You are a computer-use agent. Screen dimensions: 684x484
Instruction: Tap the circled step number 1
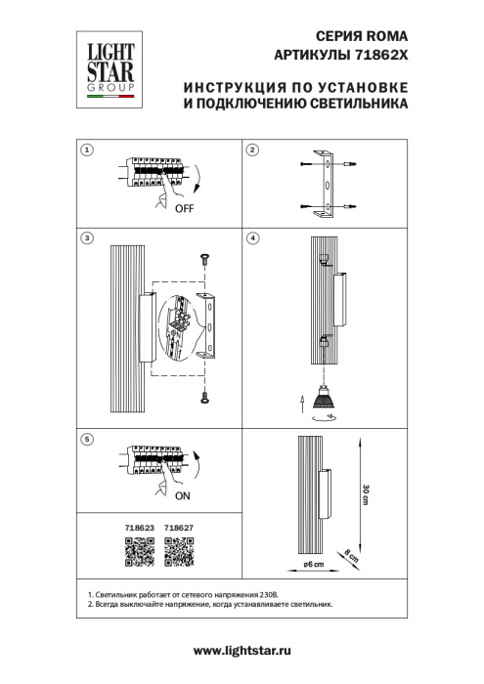tap(87, 150)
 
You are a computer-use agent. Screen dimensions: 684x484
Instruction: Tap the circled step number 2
tap(252, 150)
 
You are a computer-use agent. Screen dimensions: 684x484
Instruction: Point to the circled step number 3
tap(87, 237)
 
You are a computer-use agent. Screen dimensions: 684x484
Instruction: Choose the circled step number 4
tap(252, 237)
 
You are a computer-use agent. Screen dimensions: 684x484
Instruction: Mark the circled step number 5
tap(87, 441)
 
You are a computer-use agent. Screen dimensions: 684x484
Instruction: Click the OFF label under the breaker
tap(187, 209)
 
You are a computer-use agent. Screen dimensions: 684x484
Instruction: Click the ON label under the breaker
tap(185, 495)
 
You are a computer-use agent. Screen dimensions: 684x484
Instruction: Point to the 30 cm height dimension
tap(365, 492)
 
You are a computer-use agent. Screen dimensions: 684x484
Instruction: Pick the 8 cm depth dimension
tap(352, 559)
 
